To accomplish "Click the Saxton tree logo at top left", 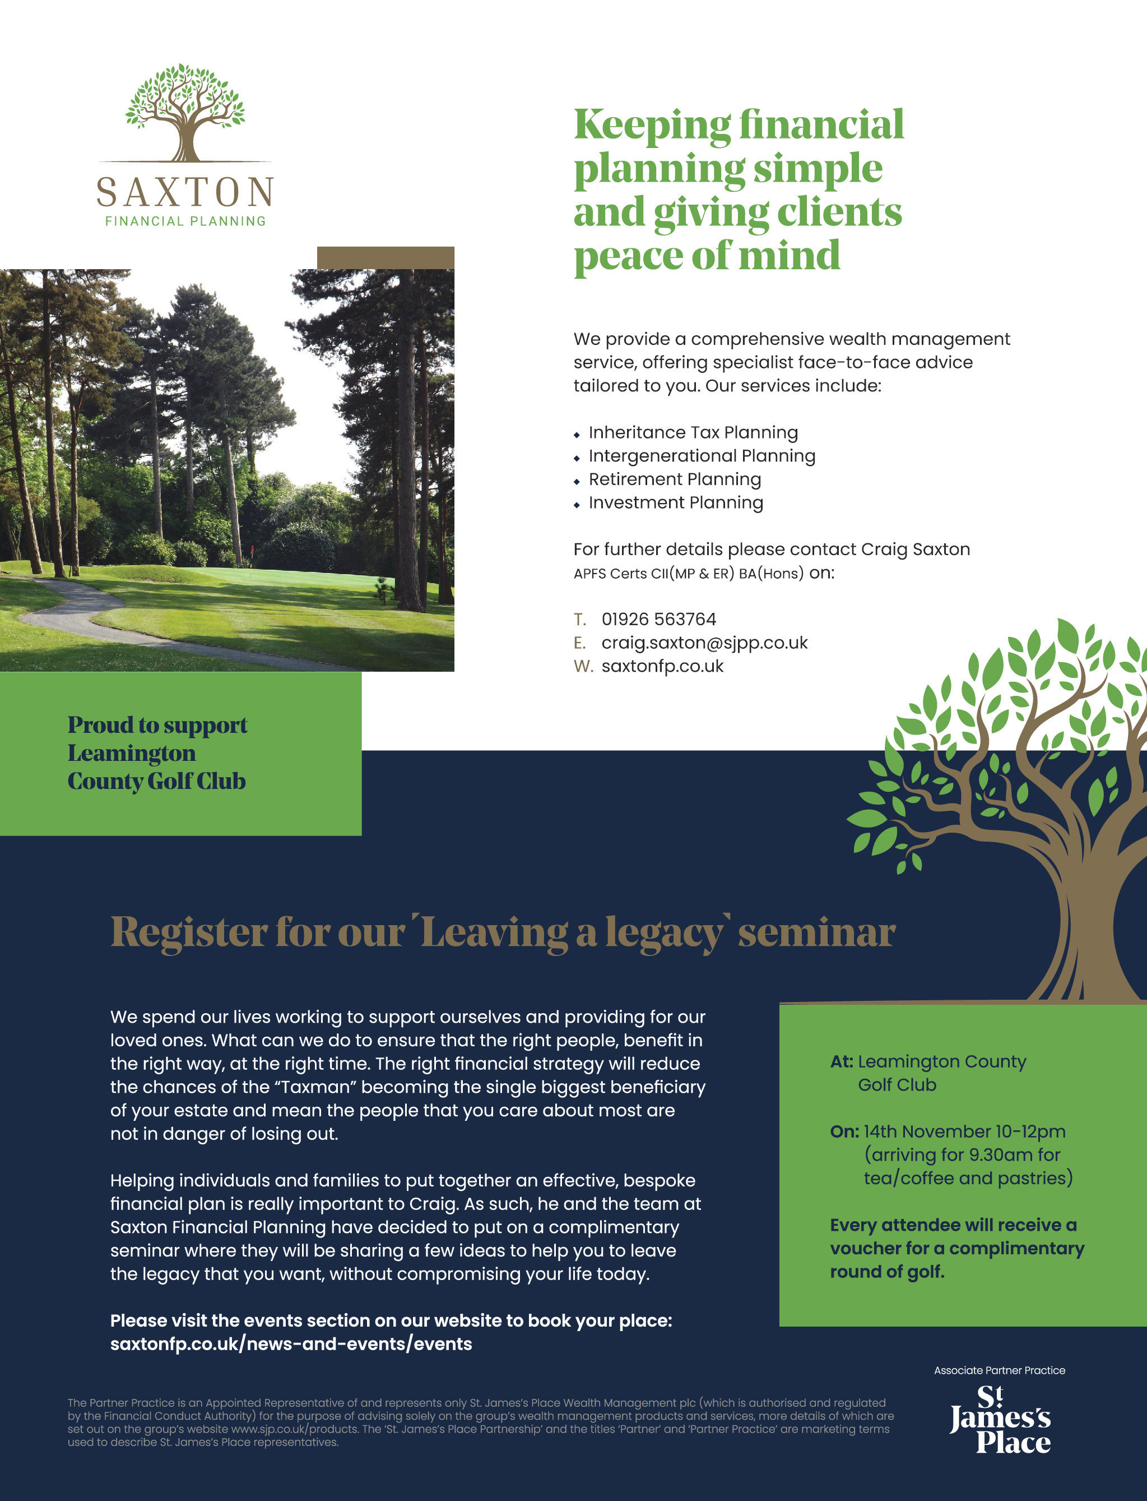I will pyautogui.click(x=185, y=113).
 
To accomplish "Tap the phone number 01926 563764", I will pyautogui.click(x=658, y=619).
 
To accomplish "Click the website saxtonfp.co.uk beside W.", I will pyautogui.click(x=662, y=666).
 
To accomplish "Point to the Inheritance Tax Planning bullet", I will pyautogui.click(x=693, y=432).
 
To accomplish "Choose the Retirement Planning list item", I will pyautogui.click(x=675, y=479).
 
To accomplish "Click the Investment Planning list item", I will pyautogui.click(x=675, y=502).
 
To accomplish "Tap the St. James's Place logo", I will pyautogui.click(x=1000, y=1419).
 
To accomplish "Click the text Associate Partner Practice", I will pyautogui.click(x=999, y=1370).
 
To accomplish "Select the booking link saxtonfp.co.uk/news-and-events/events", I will pyautogui.click(x=291, y=1344).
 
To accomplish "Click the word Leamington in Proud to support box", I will pyautogui.click(x=132, y=753).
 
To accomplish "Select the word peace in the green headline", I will pyautogui.click(x=628, y=256).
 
